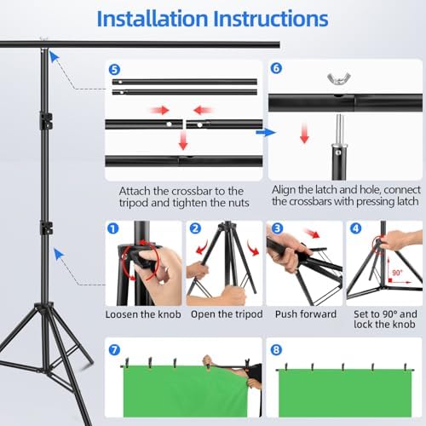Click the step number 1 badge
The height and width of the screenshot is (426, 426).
point(113,228)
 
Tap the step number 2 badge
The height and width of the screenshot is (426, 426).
point(195,228)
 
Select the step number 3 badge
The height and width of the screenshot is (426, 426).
point(277,228)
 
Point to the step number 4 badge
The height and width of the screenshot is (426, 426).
point(356,228)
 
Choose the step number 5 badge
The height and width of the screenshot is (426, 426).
point(114,70)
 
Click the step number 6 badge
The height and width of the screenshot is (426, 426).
point(276,68)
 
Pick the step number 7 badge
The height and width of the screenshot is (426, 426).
point(114,350)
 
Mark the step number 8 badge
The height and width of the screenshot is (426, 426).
point(276,350)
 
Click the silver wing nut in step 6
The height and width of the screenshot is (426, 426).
point(339,78)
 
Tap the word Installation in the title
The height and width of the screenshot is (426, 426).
point(153,19)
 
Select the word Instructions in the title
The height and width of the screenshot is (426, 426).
point(271,19)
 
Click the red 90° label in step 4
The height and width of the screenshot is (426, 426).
point(397,273)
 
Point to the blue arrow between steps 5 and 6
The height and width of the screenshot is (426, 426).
point(266,132)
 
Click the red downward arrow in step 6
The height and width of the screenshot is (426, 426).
point(304,133)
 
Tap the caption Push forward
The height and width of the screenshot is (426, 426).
point(306,314)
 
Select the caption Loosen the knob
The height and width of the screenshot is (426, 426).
point(143,314)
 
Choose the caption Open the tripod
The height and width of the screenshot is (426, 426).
point(227,314)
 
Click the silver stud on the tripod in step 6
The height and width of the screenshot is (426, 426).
point(339,130)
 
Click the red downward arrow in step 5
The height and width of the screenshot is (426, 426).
point(183,140)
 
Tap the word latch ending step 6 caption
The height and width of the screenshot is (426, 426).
point(406,201)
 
